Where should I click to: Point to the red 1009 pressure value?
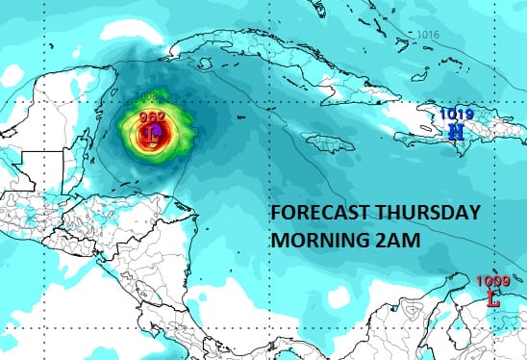(x=493, y=281)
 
